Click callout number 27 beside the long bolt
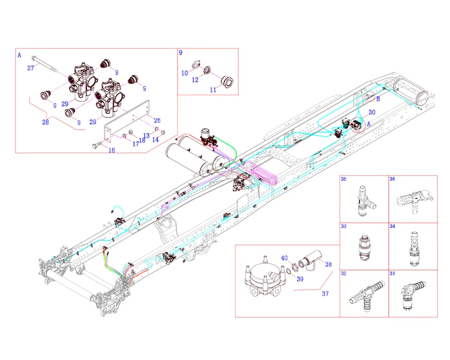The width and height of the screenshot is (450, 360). coord(31,68)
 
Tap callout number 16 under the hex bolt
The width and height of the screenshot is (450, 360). coord(112,150)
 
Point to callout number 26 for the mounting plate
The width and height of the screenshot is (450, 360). coord(157,120)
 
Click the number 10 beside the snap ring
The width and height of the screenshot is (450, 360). coord(184,73)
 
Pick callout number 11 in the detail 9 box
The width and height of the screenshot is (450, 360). coord(213,90)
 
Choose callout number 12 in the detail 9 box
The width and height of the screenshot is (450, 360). coord(195,80)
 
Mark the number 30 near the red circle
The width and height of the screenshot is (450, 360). coord(372,112)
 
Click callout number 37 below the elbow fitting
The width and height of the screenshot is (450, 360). coord(325,294)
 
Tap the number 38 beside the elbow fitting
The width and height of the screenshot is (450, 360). coord(328,265)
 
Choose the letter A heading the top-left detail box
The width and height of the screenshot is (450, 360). coord(19,55)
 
